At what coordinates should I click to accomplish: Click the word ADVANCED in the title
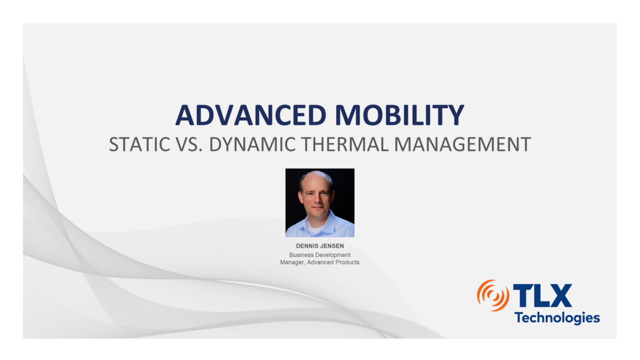(251, 115)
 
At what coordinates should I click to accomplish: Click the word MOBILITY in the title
(399, 115)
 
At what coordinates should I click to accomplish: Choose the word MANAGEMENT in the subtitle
(462, 144)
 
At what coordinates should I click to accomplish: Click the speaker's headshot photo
(319, 202)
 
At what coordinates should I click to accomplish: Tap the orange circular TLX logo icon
(492, 295)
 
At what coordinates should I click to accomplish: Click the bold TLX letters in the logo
(542, 295)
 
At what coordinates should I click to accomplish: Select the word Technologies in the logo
(556, 317)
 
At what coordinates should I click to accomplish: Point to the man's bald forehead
(316, 182)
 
